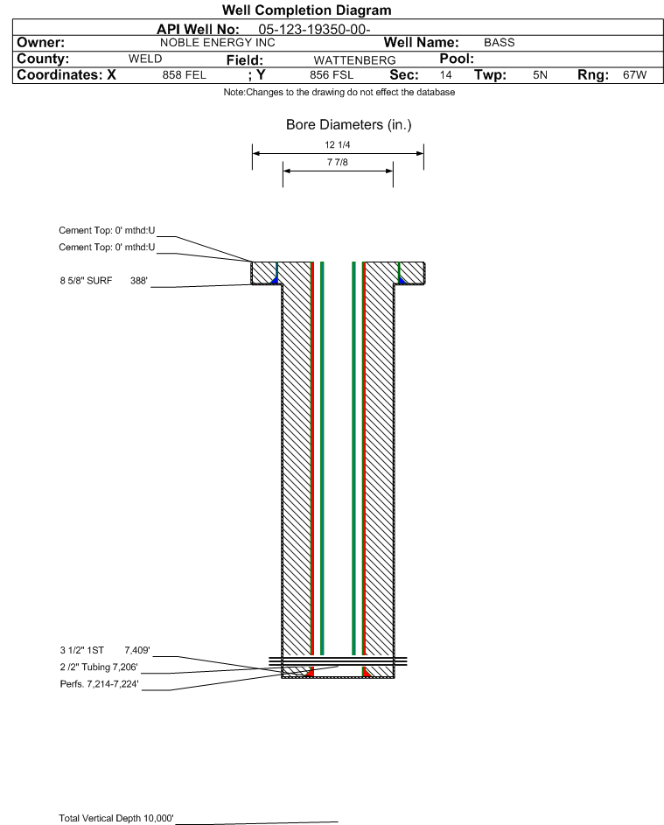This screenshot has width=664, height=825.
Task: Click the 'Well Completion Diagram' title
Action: (x=307, y=10)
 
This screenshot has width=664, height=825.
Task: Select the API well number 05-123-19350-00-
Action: (x=315, y=30)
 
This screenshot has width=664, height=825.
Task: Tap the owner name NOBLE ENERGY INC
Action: (x=217, y=43)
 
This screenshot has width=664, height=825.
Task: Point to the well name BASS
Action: (x=500, y=43)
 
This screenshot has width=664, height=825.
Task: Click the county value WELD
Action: (x=145, y=59)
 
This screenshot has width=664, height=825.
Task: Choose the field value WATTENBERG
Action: (x=354, y=60)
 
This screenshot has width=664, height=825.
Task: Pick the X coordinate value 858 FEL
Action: (x=184, y=74)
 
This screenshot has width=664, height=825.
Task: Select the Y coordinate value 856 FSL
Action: (x=332, y=74)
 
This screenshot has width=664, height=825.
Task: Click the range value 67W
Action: (x=634, y=74)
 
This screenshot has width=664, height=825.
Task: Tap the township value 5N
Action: (x=541, y=74)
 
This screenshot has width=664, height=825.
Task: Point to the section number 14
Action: (x=445, y=74)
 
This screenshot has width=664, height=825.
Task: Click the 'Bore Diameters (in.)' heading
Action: (x=349, y=125)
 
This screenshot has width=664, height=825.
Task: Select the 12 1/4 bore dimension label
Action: (x=338, y=144)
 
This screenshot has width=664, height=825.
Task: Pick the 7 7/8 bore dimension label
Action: (x=338, y=162)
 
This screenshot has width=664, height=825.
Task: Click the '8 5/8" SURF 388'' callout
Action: (x=103, y=281)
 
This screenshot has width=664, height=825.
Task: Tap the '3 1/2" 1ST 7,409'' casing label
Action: (x=105, y=650)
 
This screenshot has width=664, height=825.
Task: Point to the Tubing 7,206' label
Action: (x=99, y=668)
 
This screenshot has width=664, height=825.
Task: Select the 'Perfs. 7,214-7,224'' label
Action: (x=100, y=684)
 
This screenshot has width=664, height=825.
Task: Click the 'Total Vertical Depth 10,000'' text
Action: (x=116, y=818)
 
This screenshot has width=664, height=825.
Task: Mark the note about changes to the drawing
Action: (x=339, y=92)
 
